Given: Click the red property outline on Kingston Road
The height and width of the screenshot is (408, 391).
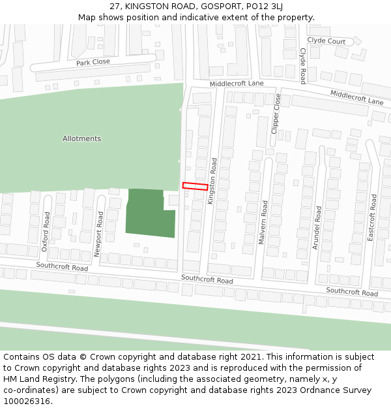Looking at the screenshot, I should point(195,186).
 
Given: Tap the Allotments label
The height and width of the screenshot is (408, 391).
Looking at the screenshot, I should point(81,138).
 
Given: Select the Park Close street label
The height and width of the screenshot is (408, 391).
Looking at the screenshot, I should point(93,62).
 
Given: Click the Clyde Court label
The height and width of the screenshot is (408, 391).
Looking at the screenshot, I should point(326,41).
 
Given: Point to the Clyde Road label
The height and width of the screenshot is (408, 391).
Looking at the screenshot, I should point(303,66).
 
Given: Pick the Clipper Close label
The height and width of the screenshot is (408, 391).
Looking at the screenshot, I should point(276,114).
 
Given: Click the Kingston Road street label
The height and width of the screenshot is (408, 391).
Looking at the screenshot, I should point(212,181).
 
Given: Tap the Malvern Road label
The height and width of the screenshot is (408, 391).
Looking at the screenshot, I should point(264,222).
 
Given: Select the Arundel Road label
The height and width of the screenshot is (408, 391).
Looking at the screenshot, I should point(318,227).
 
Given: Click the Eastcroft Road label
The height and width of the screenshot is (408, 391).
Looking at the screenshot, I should point(373,217).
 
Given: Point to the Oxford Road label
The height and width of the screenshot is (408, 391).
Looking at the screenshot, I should point(46,232).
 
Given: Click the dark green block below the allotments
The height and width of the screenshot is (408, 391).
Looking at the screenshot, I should point(150,212).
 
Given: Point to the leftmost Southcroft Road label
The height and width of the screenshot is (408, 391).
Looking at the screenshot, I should point(62,267).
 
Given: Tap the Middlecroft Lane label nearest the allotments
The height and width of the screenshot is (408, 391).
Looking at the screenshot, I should point(237,84).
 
